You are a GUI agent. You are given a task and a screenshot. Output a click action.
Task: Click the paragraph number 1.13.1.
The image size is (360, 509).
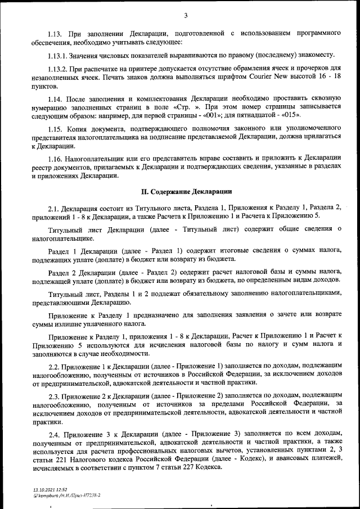coord(59,55)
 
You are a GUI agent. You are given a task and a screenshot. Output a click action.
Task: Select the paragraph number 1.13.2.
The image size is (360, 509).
coord(59,69)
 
